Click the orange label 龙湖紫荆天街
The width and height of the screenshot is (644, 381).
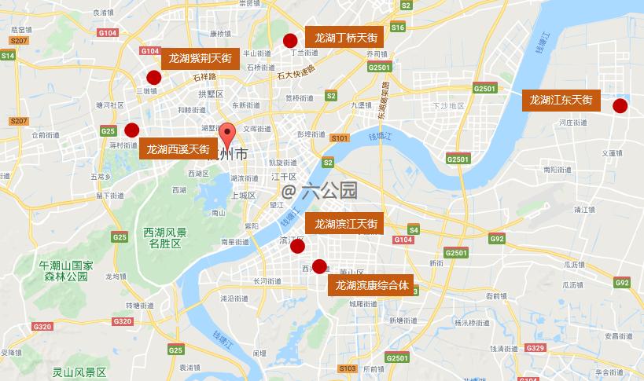point(200,58)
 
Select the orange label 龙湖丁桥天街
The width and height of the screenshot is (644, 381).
point(346,38)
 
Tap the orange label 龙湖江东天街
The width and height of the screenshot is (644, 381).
point(561,100)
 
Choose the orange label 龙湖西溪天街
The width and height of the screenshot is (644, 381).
point(178,148)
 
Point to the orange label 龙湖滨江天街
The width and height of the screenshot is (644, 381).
point(346,224)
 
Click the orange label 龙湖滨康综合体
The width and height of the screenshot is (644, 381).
point(373,284)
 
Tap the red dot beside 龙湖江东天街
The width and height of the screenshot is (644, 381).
point(620,106)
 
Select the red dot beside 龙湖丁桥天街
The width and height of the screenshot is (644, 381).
point(290,41)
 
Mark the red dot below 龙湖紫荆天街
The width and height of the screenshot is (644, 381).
point(154,77)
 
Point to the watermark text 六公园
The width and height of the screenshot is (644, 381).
point(320,190)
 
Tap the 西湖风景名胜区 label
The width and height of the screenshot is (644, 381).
point(165,238)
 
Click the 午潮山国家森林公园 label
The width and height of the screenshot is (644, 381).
point(67,272)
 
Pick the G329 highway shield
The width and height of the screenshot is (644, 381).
point(535,347)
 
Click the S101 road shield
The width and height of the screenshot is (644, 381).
point(340,138)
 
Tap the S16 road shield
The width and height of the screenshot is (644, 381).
point(397,27)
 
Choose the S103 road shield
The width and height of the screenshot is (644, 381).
point(348,368)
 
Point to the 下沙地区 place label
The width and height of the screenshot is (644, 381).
point(448,105)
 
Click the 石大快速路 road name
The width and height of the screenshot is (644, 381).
point(296,72)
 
